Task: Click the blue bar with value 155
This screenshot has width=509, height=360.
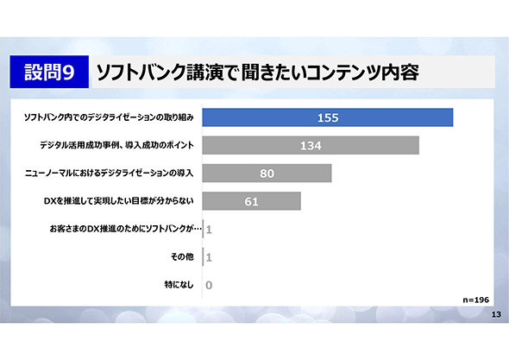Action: pyautogui.click(x=328, y=117)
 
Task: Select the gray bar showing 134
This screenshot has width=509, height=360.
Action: pyautogui.click(x=311, y=145)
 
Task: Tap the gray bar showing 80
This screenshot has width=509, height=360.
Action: pyautogui.click(x=267, y=174)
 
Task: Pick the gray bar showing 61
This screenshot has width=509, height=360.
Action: pyautogui.click(x=252, y=201)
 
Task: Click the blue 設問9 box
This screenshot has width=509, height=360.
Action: pyautogui.click(x=49, y=72)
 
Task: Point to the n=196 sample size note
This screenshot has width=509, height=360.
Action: pyautogui.click(x=476, y=300)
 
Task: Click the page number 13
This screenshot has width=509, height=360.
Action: pyautogui.click(x=496, y=314)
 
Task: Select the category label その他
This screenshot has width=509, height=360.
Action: pyautogui.click(x=182, y=257)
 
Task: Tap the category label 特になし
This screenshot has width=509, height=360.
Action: pyautogui.click(x=179, y=285)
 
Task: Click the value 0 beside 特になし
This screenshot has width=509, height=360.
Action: pyautogui.click(x=209, y=285)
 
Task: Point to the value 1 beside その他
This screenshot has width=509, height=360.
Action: pyautogui.click(x=209, y=257)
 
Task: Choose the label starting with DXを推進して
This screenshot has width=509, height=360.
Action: pyautogui.click(x=119, y=201)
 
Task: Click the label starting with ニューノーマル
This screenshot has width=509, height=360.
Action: pyautogui.click(x=109, y=174)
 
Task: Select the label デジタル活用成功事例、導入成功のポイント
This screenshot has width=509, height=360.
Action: pyautogui.click(x=116, y=145)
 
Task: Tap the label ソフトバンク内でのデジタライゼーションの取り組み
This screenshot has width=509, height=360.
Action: pyautogui.click(x=109, y=117)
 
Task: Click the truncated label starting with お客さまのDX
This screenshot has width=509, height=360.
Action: pyautogui.click(x=126, y=229)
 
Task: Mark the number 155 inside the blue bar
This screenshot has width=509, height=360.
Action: pyautogui.click(x=328, y=117)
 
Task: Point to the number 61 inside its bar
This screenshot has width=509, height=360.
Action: pyautogui.click(x=252, y=201)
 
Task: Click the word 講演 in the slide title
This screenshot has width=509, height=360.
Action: pyautogui.click(x=204, y=73)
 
